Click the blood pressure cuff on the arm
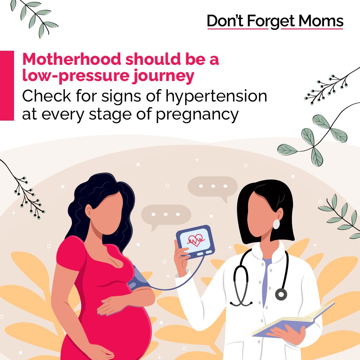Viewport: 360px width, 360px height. tap(139, 278)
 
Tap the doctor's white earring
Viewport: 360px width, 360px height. tap(276, 224)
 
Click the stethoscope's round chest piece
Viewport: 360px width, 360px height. tap(281, 294)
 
